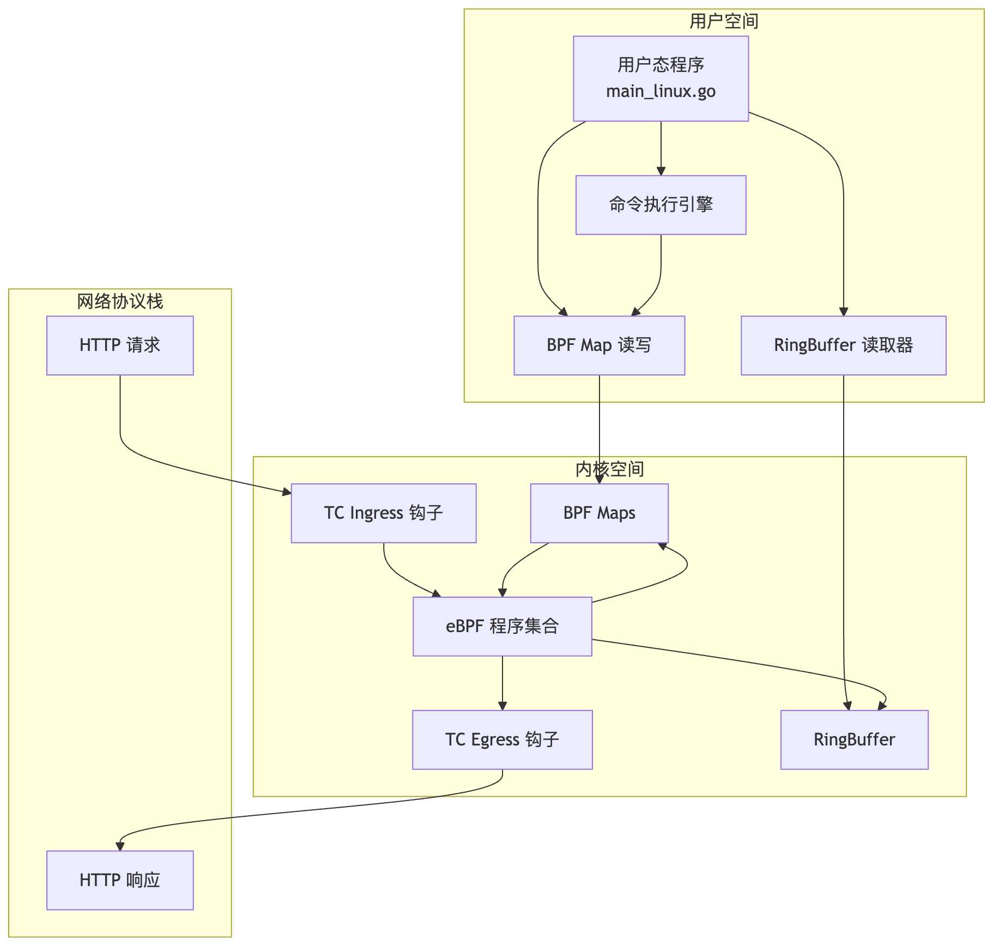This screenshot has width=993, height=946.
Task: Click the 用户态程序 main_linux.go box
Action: pos(661,78)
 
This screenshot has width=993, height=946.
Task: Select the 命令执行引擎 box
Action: pos(661,205)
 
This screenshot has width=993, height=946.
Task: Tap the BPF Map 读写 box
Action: pos(599,345)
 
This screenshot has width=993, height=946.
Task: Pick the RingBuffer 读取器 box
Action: pos(843,345)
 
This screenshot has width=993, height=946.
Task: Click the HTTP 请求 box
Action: pos(120,345)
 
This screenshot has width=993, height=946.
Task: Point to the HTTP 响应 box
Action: pos(120,880)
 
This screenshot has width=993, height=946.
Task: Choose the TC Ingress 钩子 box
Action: pos(384,513)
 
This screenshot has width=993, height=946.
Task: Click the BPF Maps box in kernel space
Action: pos(599,513)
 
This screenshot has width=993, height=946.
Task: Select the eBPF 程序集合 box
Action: pos(502,627)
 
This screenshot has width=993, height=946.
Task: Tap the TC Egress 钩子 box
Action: pos(502,740)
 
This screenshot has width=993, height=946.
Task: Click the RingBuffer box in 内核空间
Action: pos(854,740)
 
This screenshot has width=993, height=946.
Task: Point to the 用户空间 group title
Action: pos(724,21)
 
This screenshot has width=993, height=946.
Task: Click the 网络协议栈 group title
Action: pos(120,301)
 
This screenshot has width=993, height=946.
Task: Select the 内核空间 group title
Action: pos(609,469)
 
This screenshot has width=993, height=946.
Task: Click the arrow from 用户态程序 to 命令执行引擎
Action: pos(661,148)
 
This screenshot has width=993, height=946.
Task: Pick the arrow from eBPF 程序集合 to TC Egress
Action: pos(502,683)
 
